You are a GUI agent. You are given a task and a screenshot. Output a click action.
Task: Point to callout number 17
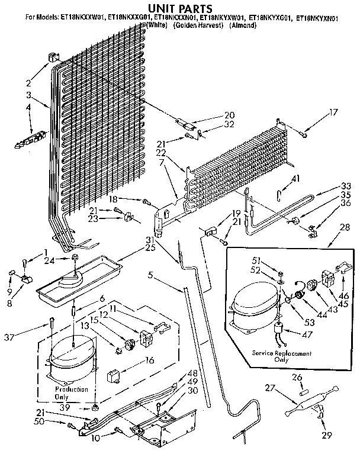pos(333,111)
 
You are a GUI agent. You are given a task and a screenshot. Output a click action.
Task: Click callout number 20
pos(212,115)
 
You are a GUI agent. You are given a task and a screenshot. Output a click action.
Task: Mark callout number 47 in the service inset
pos(308,334)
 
